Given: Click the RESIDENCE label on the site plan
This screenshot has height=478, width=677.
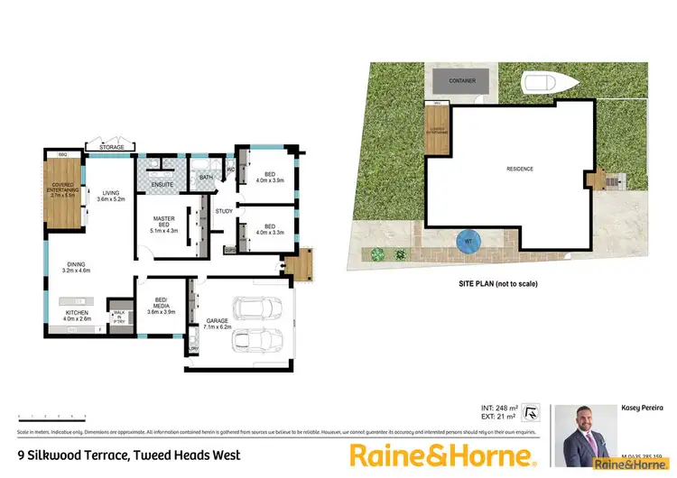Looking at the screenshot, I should (x=519, y=169).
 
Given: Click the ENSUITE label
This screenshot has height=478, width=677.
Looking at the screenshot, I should (x=163, y=184).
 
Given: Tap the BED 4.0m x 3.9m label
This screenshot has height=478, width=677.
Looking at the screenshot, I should (x=269, y=178).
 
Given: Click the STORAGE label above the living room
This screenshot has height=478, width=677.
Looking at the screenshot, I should (x=112, y=146).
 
